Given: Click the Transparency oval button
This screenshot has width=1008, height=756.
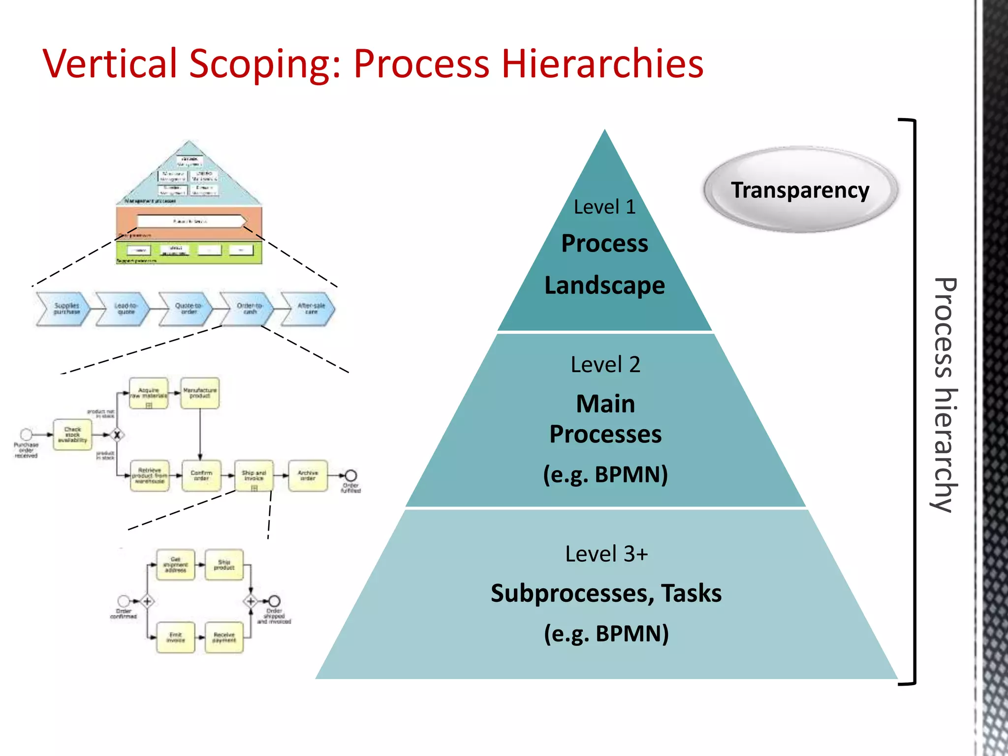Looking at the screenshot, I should (x=800, y=190).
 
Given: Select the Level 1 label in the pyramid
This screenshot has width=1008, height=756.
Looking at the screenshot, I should (x=604, y=207).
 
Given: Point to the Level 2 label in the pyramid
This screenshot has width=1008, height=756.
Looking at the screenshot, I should (x=605, y=365).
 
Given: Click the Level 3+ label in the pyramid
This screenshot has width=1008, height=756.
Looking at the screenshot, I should (x=606, y=554).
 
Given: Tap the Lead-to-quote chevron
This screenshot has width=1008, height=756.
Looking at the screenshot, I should (x=124, y=309).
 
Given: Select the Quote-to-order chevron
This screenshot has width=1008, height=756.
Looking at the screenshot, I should (x=187, y=309).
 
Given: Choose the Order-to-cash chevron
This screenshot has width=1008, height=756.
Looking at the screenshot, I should (x=249, y=309).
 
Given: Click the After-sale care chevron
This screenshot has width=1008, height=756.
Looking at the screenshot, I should (x=310, y=309).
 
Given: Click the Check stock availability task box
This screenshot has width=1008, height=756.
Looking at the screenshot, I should (x=72, y=435).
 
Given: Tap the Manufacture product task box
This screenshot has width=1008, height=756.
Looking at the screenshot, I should (x=200, y=393).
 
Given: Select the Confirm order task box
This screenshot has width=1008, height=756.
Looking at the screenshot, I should (x=201, y=475).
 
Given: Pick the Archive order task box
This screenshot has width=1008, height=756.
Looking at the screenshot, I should (x=308, y=475).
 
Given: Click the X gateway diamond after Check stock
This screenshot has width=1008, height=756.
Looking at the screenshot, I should (x=117, y=435).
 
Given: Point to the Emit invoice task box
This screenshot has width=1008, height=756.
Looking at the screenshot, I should (x=176, y=637).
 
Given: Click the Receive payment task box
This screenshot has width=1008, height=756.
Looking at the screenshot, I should (x=224, y=637).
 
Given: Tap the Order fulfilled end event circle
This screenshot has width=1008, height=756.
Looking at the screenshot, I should (x=351, y=475).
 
